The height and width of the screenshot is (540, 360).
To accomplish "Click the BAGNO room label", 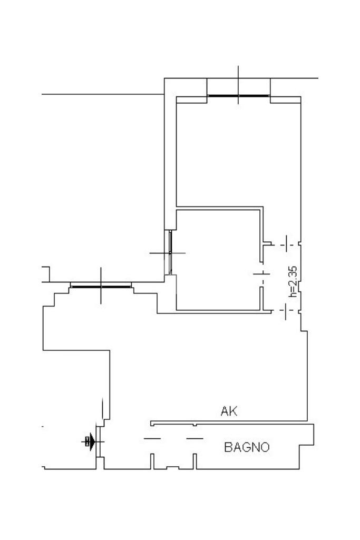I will pyautogui.click(x=247, y=447).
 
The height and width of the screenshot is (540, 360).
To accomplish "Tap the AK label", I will pyautogui.click(x=229, y=411).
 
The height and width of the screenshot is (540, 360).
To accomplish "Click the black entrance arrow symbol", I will pyautogui.click(x=91, y=441).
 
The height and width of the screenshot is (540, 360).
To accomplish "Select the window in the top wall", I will pyautogui.click(x=238, y=96).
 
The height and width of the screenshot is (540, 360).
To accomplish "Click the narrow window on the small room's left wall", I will pyautogui.click(x=170, y=252).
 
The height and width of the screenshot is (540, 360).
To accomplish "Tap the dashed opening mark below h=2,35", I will pyautogui.click(x=285, y=311).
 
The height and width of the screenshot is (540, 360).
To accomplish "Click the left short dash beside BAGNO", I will pyautogui.click(x=152, y=438).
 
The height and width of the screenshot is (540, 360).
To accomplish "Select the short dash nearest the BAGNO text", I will pyautogui.click(x=195, y=438).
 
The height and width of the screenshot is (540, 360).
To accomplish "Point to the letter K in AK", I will pyautogui.click(x=233, y=411).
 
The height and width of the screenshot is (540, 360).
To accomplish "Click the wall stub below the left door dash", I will pyautogui.click(x=152, y=462).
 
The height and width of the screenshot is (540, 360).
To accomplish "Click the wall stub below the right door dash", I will pyautogui.click(x=194, y=462).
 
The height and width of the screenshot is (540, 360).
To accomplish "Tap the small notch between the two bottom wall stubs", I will pyautogui.click(x=173, y=467).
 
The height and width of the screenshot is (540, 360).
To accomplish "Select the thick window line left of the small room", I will pyautogui.click(x=101, y=287).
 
